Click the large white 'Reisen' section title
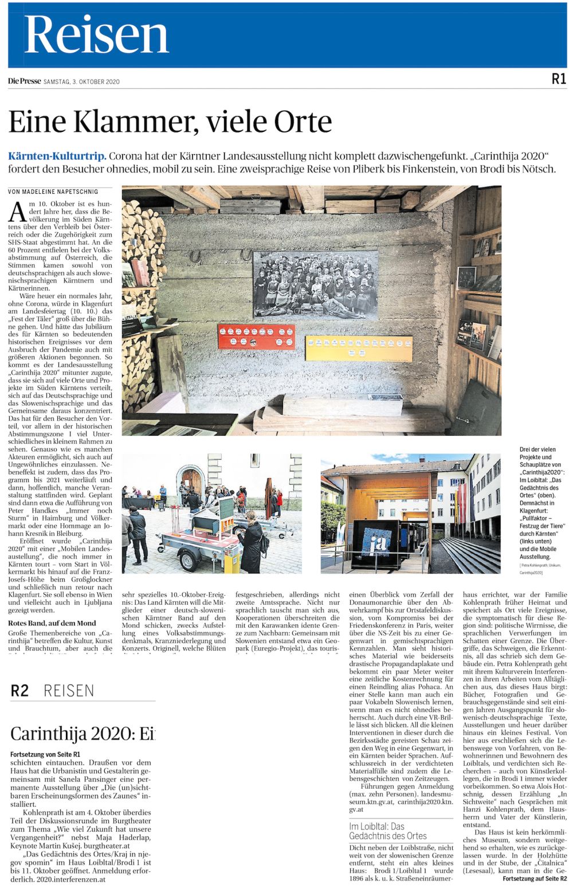tap(96, 35)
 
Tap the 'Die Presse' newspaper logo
tap(24, 81)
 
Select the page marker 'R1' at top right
tap(559, 80)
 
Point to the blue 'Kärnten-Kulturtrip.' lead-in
tap(57, 156)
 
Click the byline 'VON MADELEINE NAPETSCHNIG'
tap(53, 191)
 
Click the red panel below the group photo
tap(256, 337)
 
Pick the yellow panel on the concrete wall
tap(358, 349)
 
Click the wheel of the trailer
tap(188, 558)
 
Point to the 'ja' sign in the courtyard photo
tap(376, 542)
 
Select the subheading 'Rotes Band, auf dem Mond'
tap(52, 623)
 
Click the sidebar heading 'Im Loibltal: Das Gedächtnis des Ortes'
tap(388, 831)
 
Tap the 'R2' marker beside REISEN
tap(19, 691)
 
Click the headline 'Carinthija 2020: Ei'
tap(83, 733)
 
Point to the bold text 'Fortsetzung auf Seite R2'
tap(534, 878)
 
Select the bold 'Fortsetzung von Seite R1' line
tap(45, 754)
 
